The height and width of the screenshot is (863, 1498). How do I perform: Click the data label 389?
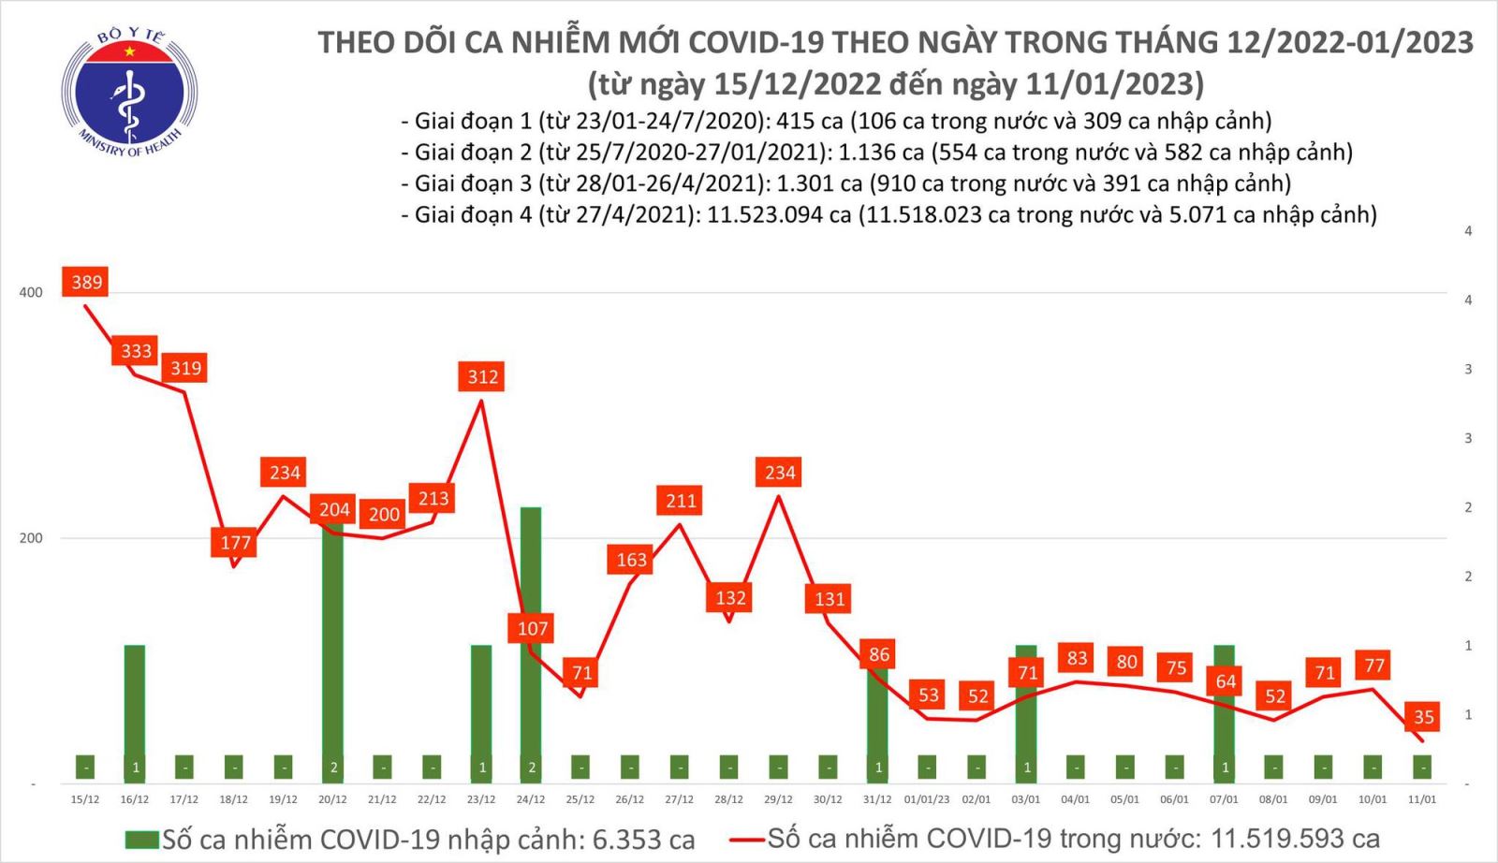point(86,282)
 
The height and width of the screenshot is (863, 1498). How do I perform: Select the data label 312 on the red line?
point(482,376)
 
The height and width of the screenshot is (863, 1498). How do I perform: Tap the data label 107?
point(532,628)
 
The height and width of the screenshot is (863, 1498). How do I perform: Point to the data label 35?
point(1423,717)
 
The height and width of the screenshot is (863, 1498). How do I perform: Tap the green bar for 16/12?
point(135,711)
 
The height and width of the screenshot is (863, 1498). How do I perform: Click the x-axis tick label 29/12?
point(778,799)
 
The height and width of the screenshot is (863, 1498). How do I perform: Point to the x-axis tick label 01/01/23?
point(927,799)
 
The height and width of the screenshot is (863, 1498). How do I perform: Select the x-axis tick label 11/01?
point(1422,799)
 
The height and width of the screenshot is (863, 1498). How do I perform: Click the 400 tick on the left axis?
point(31,292)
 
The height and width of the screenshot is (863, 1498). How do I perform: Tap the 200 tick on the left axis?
point(31,538)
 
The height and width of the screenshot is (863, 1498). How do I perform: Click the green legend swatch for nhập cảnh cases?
point(142,839)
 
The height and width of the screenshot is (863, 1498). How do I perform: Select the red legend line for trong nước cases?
point(747,839)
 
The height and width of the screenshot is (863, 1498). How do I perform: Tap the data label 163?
point(631,560)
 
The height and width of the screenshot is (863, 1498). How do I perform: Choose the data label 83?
point(1077,658)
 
